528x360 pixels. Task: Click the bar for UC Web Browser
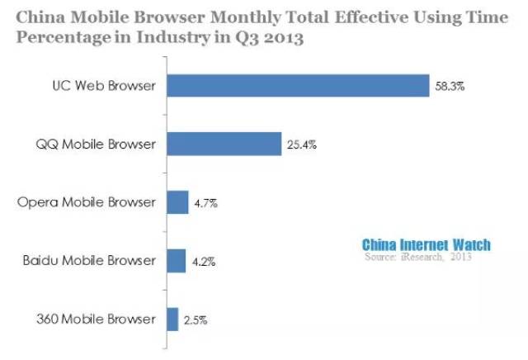[x=298, y=86]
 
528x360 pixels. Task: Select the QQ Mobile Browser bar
[x=224, y=144]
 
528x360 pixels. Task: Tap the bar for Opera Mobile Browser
[x=177, y=202]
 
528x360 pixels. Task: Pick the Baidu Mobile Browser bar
[x=176, y=261]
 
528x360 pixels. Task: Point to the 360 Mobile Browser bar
[x=172, y=320]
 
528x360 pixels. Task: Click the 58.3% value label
[x=450, y=87]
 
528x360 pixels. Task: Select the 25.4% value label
[x=302, y=145]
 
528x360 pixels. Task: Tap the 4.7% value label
[x=205, y=203]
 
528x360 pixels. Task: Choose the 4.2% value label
[x=204, y=262]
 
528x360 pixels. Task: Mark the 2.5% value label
[x=196, y=320]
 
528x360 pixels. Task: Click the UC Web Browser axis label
[x=104, y=86]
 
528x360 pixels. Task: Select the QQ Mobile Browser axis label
[x=96, y=144]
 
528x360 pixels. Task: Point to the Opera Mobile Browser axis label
[x=87, y=202]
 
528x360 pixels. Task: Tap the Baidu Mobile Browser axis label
[x=89, y=261]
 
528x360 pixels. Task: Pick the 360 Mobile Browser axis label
[x=96, y=319]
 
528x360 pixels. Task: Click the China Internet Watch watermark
[x=427, y=245]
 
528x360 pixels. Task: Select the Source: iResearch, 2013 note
[x=418, y=257]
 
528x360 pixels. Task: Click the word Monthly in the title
[x=245, y=17]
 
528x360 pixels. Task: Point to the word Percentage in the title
[x=64, y=38]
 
